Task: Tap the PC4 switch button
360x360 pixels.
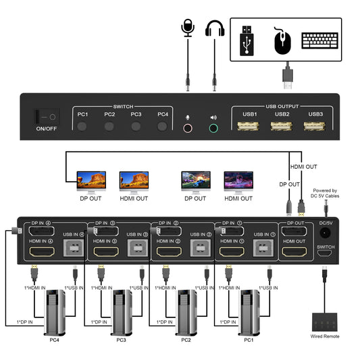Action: tap(162, 126)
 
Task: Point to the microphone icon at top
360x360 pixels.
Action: tap(187, 31)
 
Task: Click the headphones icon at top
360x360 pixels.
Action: tap(215, 31)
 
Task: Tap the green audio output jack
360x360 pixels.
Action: tap(214, 127)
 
